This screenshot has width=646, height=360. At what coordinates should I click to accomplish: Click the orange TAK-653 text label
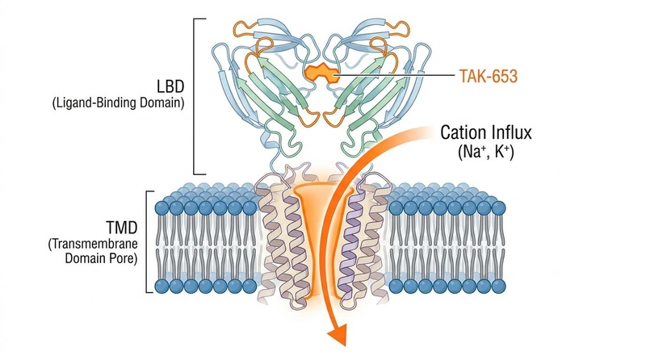click(489, 76)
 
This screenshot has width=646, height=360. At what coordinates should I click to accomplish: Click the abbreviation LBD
click(170, 86)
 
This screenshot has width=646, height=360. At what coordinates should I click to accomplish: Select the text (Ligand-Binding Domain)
click(118, 103)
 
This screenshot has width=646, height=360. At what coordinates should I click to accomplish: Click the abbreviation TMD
click(122, 228)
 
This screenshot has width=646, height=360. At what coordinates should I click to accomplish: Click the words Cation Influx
click(486, 132)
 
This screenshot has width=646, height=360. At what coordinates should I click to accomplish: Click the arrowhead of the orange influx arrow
click(337, 333)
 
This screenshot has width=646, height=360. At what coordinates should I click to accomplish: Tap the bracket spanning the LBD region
click(195, 96)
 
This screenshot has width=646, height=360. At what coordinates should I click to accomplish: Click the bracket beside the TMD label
click(149, 242)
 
